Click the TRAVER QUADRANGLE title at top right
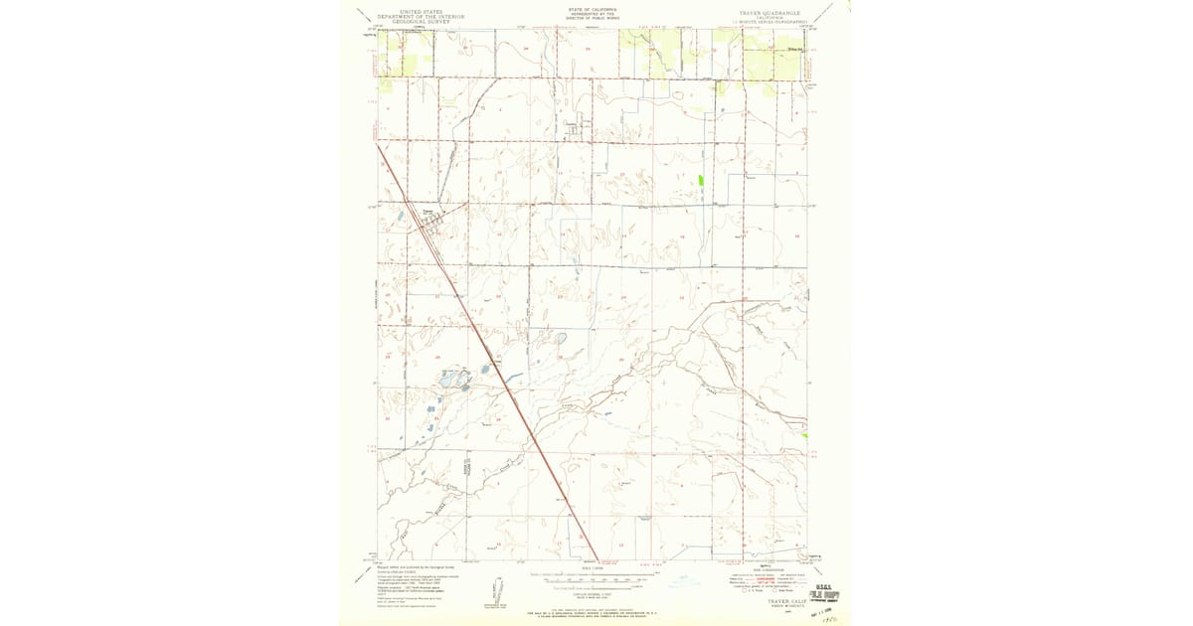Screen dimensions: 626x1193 (770, 12)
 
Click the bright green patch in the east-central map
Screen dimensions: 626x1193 (701, 182)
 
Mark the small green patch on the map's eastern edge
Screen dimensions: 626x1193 (805, 435)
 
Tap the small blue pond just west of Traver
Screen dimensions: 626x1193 (400, 215)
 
